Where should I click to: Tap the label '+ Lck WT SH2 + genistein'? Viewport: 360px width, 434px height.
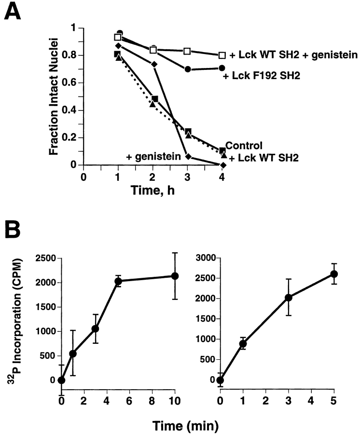click(x=293, y=55)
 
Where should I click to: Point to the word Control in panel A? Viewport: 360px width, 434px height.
click(x=244, y=145)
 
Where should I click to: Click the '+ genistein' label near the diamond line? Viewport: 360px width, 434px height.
click(x=153, y=156)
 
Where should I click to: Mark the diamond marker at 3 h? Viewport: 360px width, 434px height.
click(x=188, y=157)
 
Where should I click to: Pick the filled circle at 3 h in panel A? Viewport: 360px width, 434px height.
click(x=188, y=69)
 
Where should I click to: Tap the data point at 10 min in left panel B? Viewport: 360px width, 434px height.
click(x=175, y=276)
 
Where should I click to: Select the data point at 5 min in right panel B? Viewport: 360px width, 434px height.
click(x=333, y=274)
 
